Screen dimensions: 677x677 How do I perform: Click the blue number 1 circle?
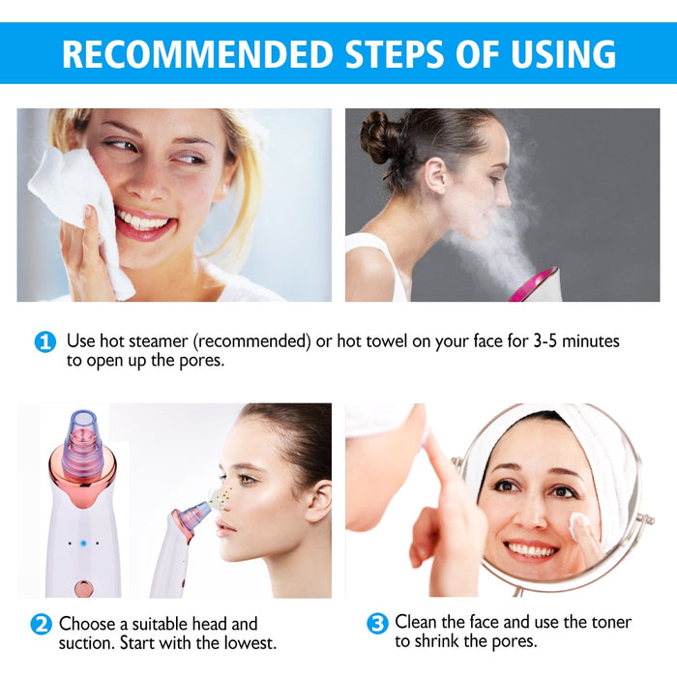45,341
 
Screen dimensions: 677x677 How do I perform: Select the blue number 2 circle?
41,624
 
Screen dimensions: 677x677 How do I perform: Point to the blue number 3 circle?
377,624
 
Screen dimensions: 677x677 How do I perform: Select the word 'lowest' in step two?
250,642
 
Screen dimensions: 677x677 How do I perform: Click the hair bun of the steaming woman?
380,138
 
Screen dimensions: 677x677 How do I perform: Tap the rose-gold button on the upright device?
83,587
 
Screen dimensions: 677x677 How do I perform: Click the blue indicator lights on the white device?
82,544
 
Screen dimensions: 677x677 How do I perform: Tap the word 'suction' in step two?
85,642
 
